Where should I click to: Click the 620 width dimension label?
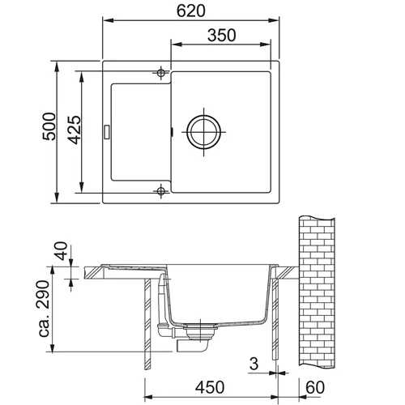pyautogui.click(x=191, y=11)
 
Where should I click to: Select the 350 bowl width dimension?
pyautogui.click(x=222, y=36)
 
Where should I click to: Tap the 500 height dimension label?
pyautogui.click(x=49, y=126)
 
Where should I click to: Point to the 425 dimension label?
pyautogui.click(x=75, y=130)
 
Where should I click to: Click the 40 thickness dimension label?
pyautogui.click(x=61, y=251)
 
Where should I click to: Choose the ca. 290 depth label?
pyautogui.click(x=43, y=309)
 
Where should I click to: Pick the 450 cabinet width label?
pyautogui.click(x=210, y=387)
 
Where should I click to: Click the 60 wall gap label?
pyautogui.click(x=315, y=387)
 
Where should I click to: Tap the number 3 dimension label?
pyautogui.click(x=254, y=364)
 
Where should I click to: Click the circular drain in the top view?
pyautogui.click(x=203, y=132)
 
